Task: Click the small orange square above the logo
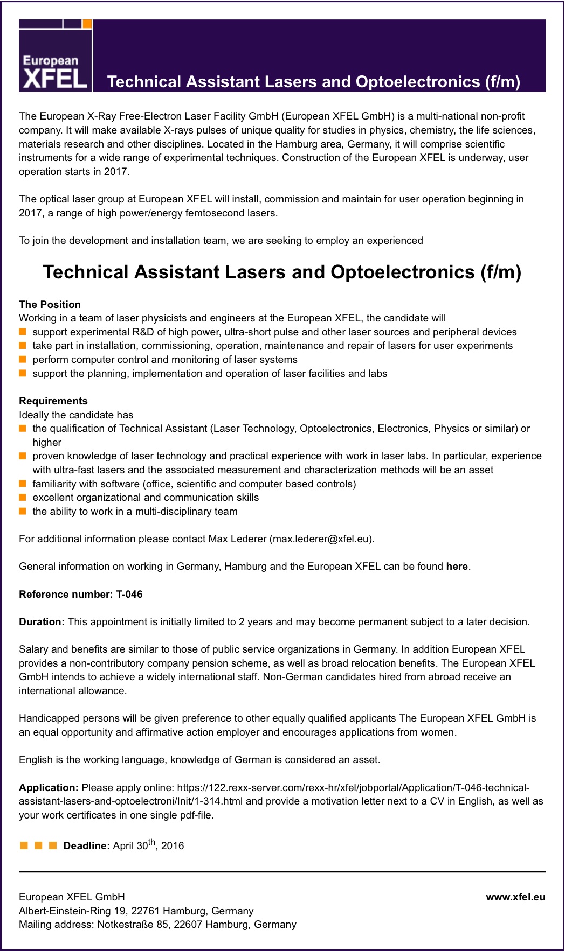pyautogui.click(x=87, y=24)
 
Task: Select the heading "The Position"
pyautogui.click(x=50, y=304)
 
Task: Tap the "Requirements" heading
pyautogui.click(x=53, y=401)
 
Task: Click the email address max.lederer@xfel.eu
pyautogui.click(x=321, y=539)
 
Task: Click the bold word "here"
pyautogui.click(x=457, y=566)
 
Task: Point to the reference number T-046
pyautogui.click(x=129, y=594)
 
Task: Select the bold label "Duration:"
pyautogui.click(x=42, y=621)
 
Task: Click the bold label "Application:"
pyautogui.click(x=49, y=787)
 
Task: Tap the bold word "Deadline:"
pyautogui.click(x=86, y=845)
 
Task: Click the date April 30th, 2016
pyautogui.click(x=148, y=845)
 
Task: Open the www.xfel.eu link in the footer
pyautogui.click(x=515, y=897)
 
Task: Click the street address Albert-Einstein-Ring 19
pyautogui.click(x=72, y=911)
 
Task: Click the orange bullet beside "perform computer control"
pyautogui.click(x=23, y=359)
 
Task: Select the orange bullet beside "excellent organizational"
pyautogui.click(x=23, y=497)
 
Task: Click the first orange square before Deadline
pyautogui.click(x=24, y=845)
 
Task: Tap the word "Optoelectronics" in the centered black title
pyautogui.click(x=403, y=272)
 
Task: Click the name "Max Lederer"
pyautogui.click(x=237, y=539)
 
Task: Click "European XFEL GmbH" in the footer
pyautogui.click(x=72, y=897)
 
